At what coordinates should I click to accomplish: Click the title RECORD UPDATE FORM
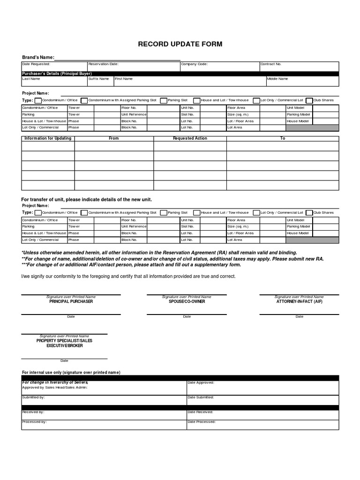(180, 44)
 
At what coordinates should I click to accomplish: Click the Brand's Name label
(38, 58)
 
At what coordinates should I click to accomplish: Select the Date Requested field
(54, 67)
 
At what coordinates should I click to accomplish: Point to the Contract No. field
(299, 67)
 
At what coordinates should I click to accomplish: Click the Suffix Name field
(100, 82)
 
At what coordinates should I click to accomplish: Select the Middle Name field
(302, 82)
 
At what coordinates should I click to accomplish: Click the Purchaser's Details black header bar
(180, 74)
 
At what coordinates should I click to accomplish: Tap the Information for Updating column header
(48, 138)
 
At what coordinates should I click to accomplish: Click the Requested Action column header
(190, 138)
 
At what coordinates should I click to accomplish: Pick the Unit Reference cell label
(134, 114)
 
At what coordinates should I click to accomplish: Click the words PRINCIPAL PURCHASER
(71, 301)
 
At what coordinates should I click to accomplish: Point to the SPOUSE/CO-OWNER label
(187, 301)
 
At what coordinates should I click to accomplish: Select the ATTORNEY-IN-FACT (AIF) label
(299, 301)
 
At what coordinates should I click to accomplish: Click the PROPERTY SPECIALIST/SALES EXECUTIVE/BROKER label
(65, 343)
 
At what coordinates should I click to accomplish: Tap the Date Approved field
(262, 387)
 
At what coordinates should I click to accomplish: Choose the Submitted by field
(104, 400)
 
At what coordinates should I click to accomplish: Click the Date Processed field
(262, 425)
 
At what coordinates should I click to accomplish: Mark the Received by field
(104, 415)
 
